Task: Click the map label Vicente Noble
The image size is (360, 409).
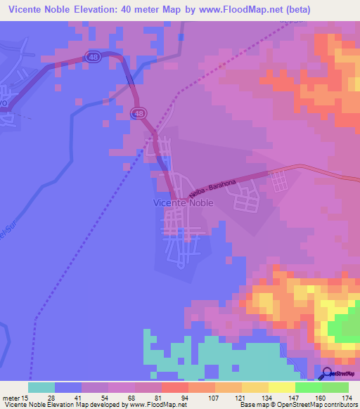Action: click(x=183, y=202)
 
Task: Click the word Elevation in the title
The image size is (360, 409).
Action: click(x=112, y=9)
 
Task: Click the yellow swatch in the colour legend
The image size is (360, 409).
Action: click(x=255, y=387)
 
